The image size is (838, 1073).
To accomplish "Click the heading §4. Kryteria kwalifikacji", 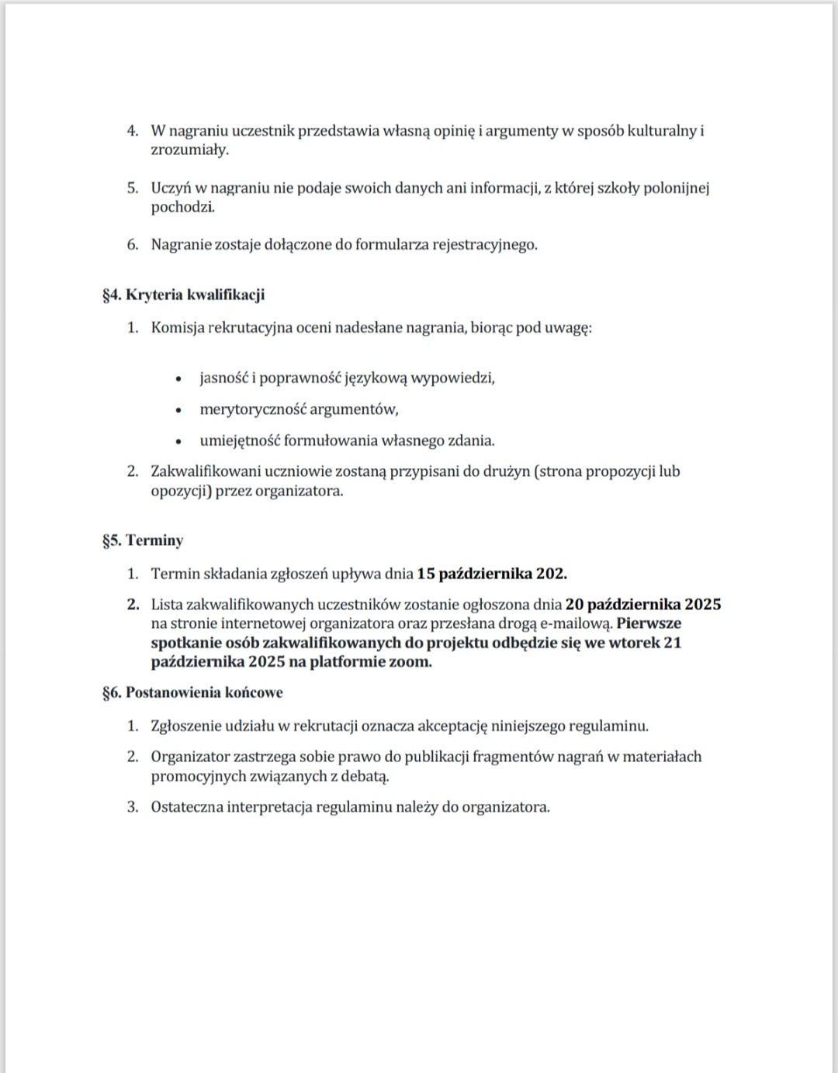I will pos(183,295).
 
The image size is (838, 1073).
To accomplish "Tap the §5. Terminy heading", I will pos(142,540).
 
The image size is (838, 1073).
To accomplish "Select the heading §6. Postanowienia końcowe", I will pos(192,692).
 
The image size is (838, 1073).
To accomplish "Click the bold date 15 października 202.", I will pos(492,574).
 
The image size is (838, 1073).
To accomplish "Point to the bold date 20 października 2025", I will pos(643,604).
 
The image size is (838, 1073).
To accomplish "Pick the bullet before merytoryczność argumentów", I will pos(179,410).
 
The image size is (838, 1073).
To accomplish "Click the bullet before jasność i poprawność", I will pos(179,379).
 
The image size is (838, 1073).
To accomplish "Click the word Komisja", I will pos(177,327).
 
